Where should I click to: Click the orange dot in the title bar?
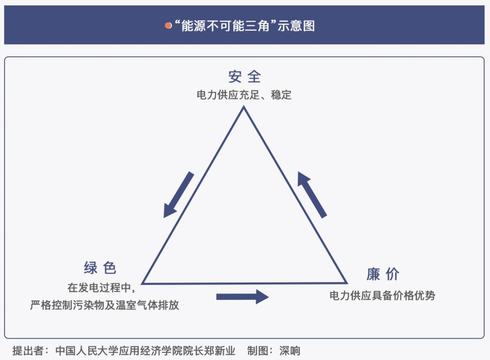[x=168, y=25]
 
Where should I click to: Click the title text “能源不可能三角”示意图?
[x=245, y=25]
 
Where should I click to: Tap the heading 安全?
[x=245, y=77]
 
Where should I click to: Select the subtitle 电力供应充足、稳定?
[x=244, y=95]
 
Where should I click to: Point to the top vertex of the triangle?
[x=244, y=107]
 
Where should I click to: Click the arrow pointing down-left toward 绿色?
[x=178, y=195]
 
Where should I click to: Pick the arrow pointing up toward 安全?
[x=312, y=195]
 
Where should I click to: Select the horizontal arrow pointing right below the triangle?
[x=242, y=297]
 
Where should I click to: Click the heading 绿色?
[x=100, y=268]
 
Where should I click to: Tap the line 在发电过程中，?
[x=101, y=287]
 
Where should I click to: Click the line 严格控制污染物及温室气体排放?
[x=105, y=305]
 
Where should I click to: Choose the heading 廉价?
[x=383, y=274]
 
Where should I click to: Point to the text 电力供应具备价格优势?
[x=382, y=295]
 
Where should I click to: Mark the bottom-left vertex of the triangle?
[x=142, y=283]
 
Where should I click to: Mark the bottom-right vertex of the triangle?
[x=347, y=283]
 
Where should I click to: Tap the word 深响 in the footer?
[x=289, y=350]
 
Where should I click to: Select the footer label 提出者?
[x=28, y=350]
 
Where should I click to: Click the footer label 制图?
[x=258, y=350]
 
